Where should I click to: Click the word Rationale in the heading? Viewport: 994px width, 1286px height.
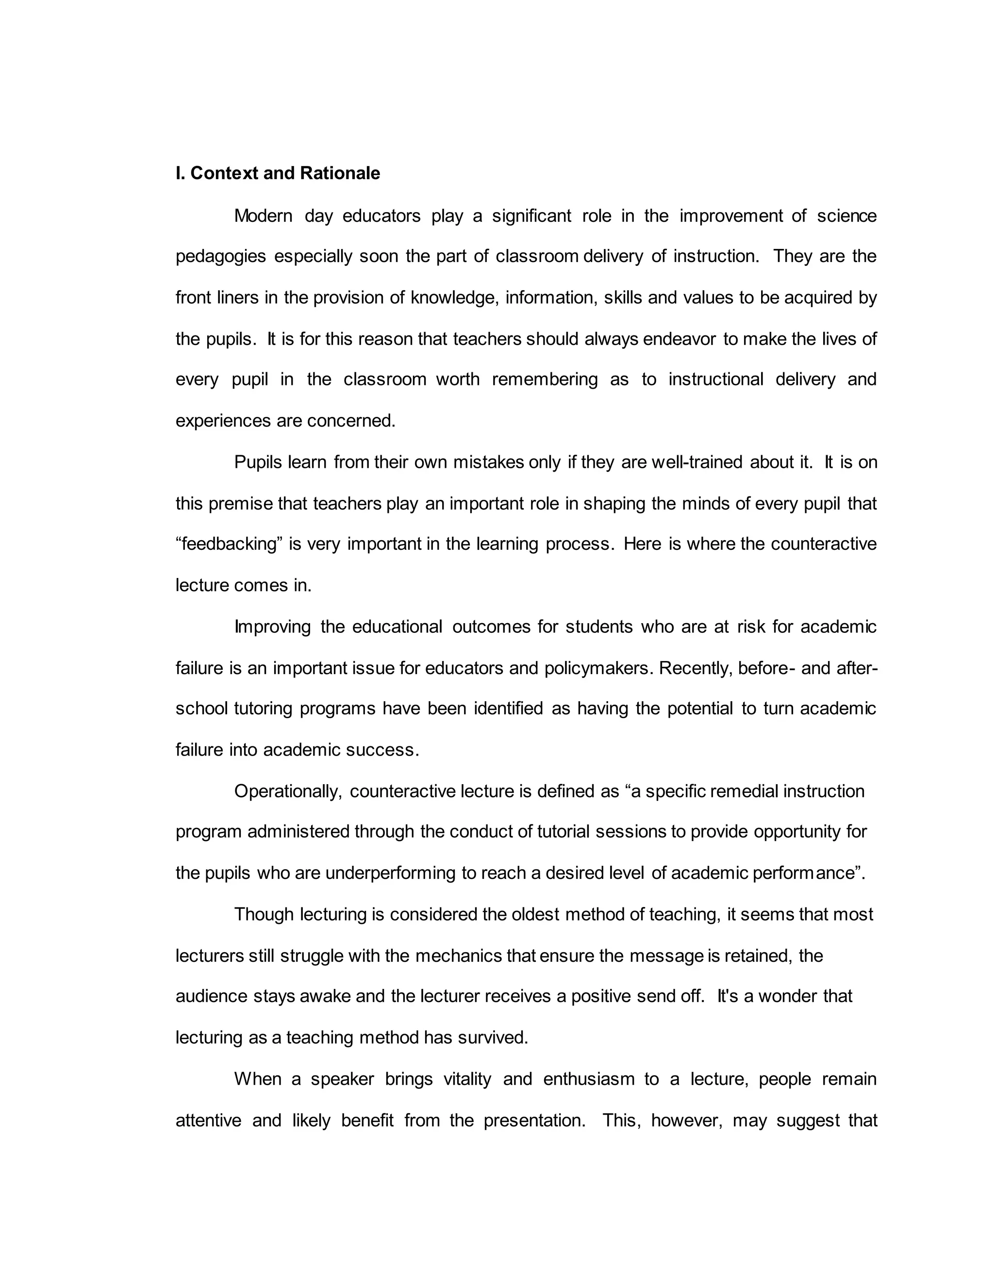(340, 173)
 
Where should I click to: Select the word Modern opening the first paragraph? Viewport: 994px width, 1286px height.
(263, 216)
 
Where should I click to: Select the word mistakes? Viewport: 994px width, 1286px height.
(488, 462)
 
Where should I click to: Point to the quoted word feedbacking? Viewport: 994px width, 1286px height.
(227, 544)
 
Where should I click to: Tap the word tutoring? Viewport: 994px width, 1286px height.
(263, 709)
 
